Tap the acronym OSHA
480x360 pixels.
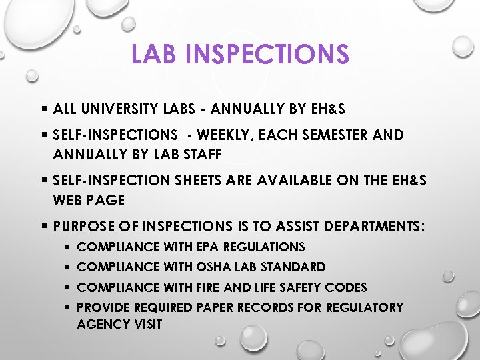click(213, 267)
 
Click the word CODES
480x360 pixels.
click(345, 287)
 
